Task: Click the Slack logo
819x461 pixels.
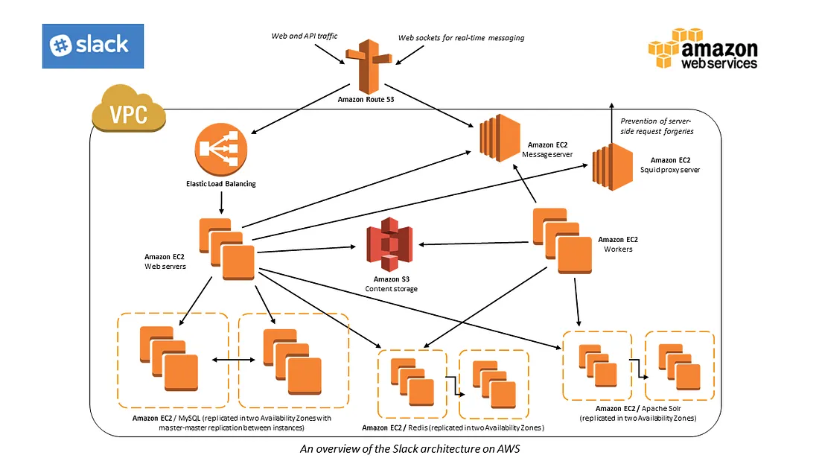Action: [92, 46]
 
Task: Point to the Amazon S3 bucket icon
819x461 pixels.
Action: [389, 244]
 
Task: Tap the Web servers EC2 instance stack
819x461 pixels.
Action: [227, 249]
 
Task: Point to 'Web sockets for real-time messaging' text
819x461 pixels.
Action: [461, 37]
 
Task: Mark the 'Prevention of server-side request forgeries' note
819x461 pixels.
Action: [657, 126]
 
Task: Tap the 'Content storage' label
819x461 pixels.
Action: [391, 288]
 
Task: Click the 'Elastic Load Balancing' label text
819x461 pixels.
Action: [221, 183]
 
